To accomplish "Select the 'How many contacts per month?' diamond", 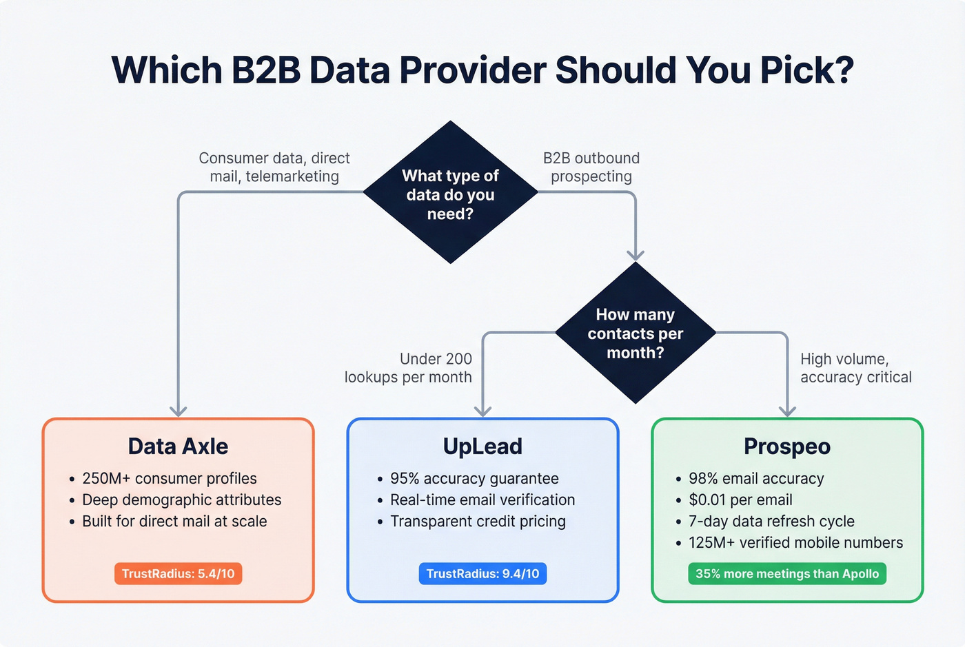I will point(635,333).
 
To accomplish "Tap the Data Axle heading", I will point(178,446).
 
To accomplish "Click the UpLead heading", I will point(482,446).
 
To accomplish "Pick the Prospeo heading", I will point(787,446).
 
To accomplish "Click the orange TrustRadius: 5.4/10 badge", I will point(178,574).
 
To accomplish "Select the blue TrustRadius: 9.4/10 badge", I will point(482,574).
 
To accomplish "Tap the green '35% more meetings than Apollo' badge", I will point(787,574).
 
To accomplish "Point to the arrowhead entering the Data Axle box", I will point(179,411).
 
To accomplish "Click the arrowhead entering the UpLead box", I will point(482,411).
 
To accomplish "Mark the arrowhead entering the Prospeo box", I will point(787,411).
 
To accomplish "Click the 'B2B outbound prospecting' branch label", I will point(591,167).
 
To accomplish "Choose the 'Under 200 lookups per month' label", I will point(409,368).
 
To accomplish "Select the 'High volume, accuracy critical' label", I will point(855,368).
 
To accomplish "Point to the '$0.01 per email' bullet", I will point(740,500).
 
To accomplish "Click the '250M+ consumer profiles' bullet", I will point(169,478).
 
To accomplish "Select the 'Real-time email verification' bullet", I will point(482,500).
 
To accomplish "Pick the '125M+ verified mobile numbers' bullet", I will point(795,542).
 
